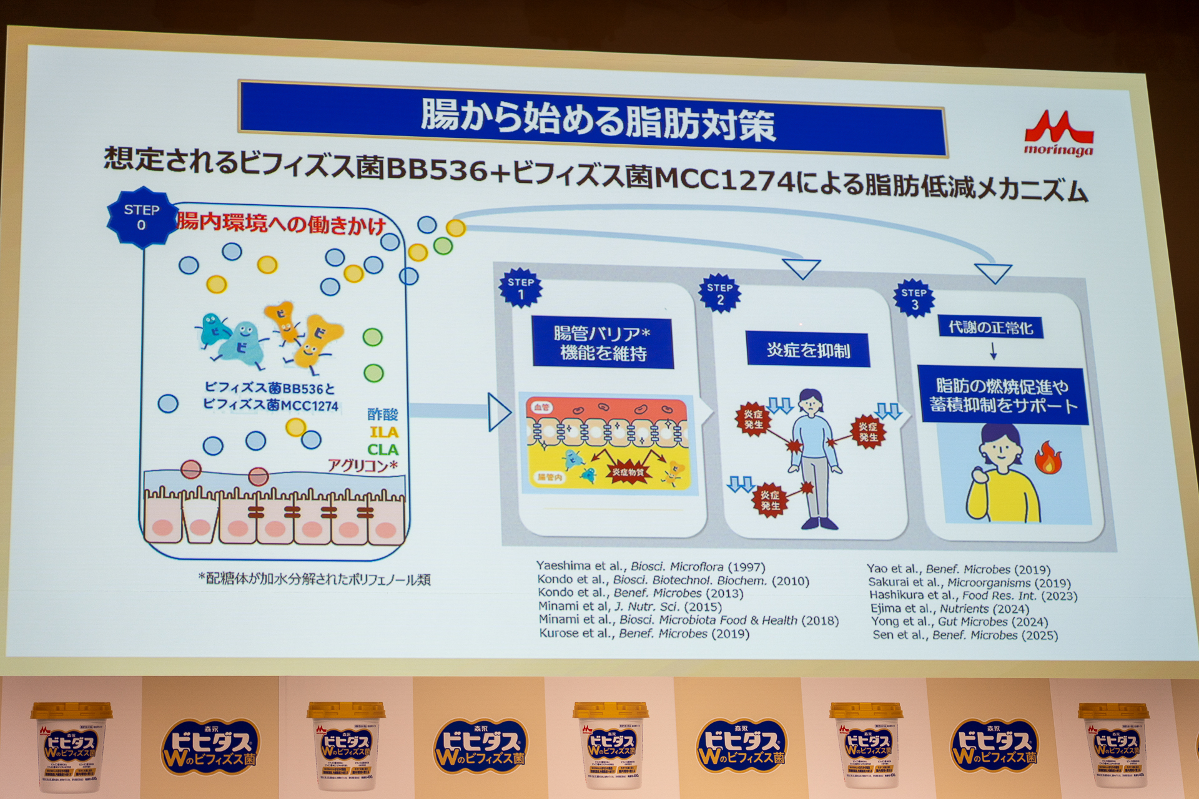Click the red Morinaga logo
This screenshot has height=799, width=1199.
coord(1058,133)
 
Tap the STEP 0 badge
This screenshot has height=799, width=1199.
coord(142,217)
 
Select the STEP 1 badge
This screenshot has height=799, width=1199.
coord(520,288)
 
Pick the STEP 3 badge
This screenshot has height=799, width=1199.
coord(914,298)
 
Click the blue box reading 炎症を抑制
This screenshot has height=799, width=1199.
coord(808,350)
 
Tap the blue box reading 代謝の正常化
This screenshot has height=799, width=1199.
coord(990,328)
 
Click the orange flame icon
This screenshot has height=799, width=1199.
coord(1047,459)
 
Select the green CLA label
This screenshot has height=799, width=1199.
coord(383,449)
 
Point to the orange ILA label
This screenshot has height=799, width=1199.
coord(383,432)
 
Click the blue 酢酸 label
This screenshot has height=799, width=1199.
coord(382,414)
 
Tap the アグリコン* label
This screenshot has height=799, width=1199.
coord(363,466)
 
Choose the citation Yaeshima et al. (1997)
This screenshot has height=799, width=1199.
coord(650,567)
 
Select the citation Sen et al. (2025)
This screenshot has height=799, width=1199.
coord(965,635)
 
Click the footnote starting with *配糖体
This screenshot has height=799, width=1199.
coord(315,579)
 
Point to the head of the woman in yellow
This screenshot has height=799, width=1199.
coord(999,444)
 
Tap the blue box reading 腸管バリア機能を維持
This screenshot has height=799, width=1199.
coord(603,343)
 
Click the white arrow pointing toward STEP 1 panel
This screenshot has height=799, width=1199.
coord(499,412)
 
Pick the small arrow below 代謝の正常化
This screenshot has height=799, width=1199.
coord(993,353)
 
